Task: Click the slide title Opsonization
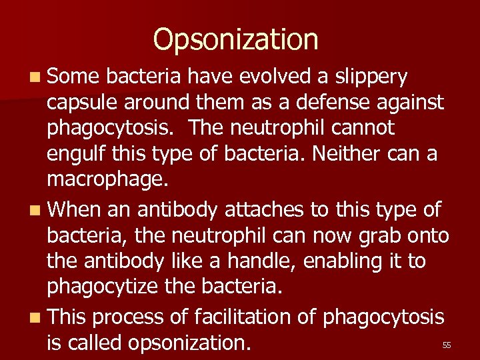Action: tap(235, 40)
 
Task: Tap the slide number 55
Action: tap(447, 345)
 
